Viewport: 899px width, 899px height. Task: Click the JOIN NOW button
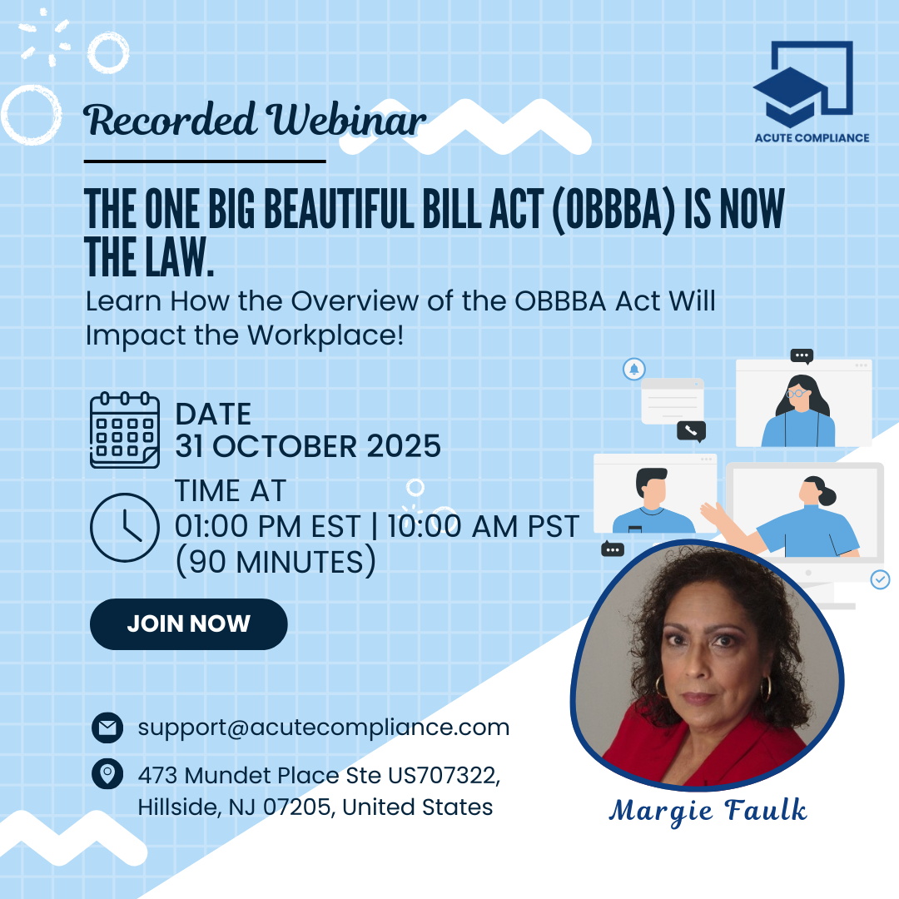(x=189, y=623)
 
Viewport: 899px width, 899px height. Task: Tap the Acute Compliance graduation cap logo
(x=802, y=84)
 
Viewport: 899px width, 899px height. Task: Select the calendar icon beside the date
(x=124, y=430)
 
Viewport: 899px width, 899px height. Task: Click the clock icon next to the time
(x=124, y=527)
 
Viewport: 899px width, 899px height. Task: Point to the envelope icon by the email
(x=107, y=728)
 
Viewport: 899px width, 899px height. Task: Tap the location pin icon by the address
(x=107, y=774)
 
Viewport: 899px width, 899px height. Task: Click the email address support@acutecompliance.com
(x=323, y=728)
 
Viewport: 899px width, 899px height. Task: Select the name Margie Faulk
(x=708, y=811)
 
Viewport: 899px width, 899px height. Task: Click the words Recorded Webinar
(x=256, y=121)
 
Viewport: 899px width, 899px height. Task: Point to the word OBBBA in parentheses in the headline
(x=613, y=209)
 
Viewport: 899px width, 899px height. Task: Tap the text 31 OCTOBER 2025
(x=308, y=446)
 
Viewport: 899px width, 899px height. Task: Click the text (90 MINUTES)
(x=276, y=561)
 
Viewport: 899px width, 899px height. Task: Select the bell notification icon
(x=634, y=369)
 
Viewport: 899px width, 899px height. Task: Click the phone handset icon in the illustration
(x=692, y=430)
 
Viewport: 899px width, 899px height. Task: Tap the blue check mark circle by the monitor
(x=880, y=579)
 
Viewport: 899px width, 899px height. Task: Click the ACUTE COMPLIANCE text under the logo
(x=812, y=138)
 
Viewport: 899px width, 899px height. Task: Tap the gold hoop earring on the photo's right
(x=766, y=688)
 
